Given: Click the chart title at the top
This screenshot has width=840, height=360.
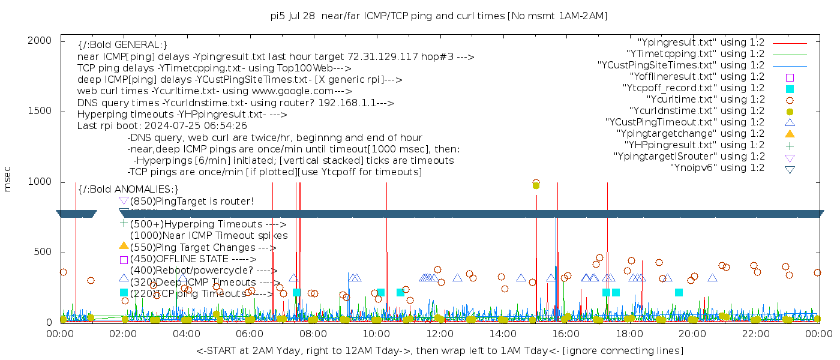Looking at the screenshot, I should [439, 16].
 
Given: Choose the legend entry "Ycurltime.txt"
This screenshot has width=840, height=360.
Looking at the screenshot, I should [705, 100].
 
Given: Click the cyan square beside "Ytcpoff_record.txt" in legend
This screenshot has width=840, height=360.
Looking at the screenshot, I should [790, 89].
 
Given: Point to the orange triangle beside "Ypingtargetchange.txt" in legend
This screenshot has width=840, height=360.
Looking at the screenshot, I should [790, 134].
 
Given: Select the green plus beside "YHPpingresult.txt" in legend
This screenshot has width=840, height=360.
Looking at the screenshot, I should [790, 146].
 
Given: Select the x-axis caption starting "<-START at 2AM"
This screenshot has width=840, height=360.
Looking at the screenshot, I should [439, 350].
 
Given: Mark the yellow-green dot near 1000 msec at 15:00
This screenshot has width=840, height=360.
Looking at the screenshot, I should [536, 185].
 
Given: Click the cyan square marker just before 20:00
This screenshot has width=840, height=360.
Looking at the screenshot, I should [679, 292].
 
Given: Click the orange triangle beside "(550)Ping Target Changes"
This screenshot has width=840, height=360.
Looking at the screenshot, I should [124, 245].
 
